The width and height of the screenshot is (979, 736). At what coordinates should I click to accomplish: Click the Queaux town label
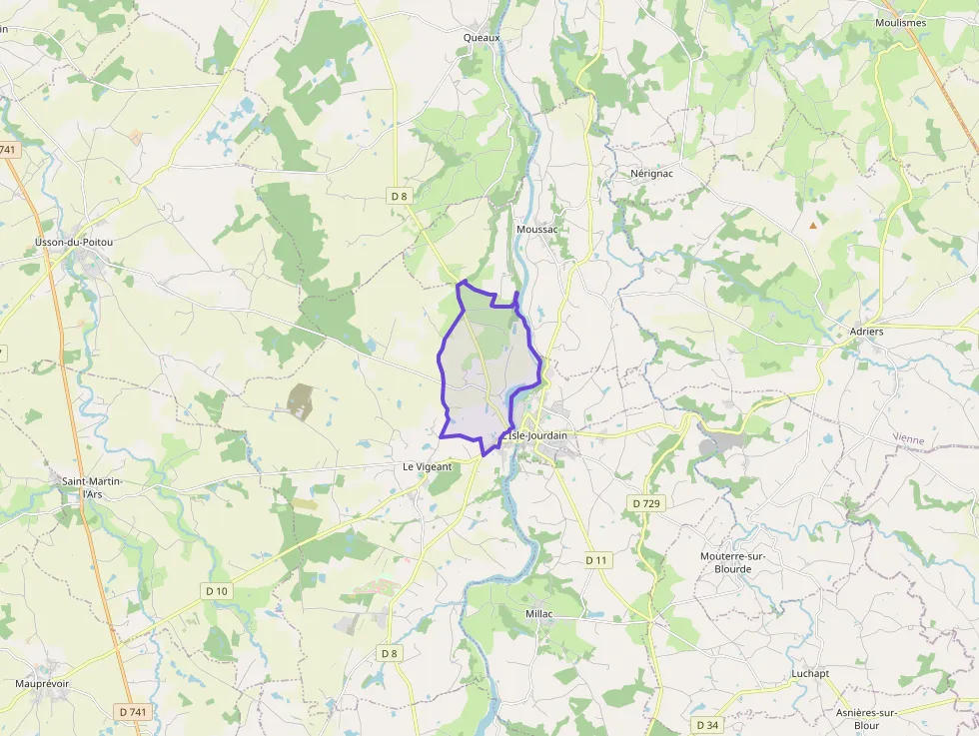click(481, 37)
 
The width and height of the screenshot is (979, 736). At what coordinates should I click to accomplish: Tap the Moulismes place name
click(900, 22)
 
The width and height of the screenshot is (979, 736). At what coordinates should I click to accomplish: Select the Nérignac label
click(651, 173)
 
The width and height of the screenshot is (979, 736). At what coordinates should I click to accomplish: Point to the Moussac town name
click(536, 229)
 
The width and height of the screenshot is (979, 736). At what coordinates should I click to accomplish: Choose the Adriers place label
click(865, 331)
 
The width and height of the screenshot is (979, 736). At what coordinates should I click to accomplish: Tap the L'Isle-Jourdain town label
click(536, 435)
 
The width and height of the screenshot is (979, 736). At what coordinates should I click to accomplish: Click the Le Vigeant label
click(427, 466)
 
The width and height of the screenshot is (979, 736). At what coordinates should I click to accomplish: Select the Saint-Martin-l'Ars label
click(91, 487)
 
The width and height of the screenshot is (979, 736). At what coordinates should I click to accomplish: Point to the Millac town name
click(538, 613)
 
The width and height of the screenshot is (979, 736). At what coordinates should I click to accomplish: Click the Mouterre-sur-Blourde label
click(739, 562)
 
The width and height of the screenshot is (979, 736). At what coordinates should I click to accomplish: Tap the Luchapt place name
click(809, 673)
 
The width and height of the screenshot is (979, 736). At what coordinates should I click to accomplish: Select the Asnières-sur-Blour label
click(866, 718)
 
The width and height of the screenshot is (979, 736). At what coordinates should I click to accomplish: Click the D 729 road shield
click(647, 503)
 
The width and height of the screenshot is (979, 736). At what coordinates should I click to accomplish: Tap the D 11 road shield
click(596, 560)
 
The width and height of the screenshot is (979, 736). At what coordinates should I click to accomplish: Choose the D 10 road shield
click(217, 591)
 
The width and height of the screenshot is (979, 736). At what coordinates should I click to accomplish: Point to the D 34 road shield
click(707, 724)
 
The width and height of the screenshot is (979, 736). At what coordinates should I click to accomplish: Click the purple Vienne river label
click(909, 438)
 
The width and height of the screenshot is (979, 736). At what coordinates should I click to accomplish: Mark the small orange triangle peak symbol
click(812, 225)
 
